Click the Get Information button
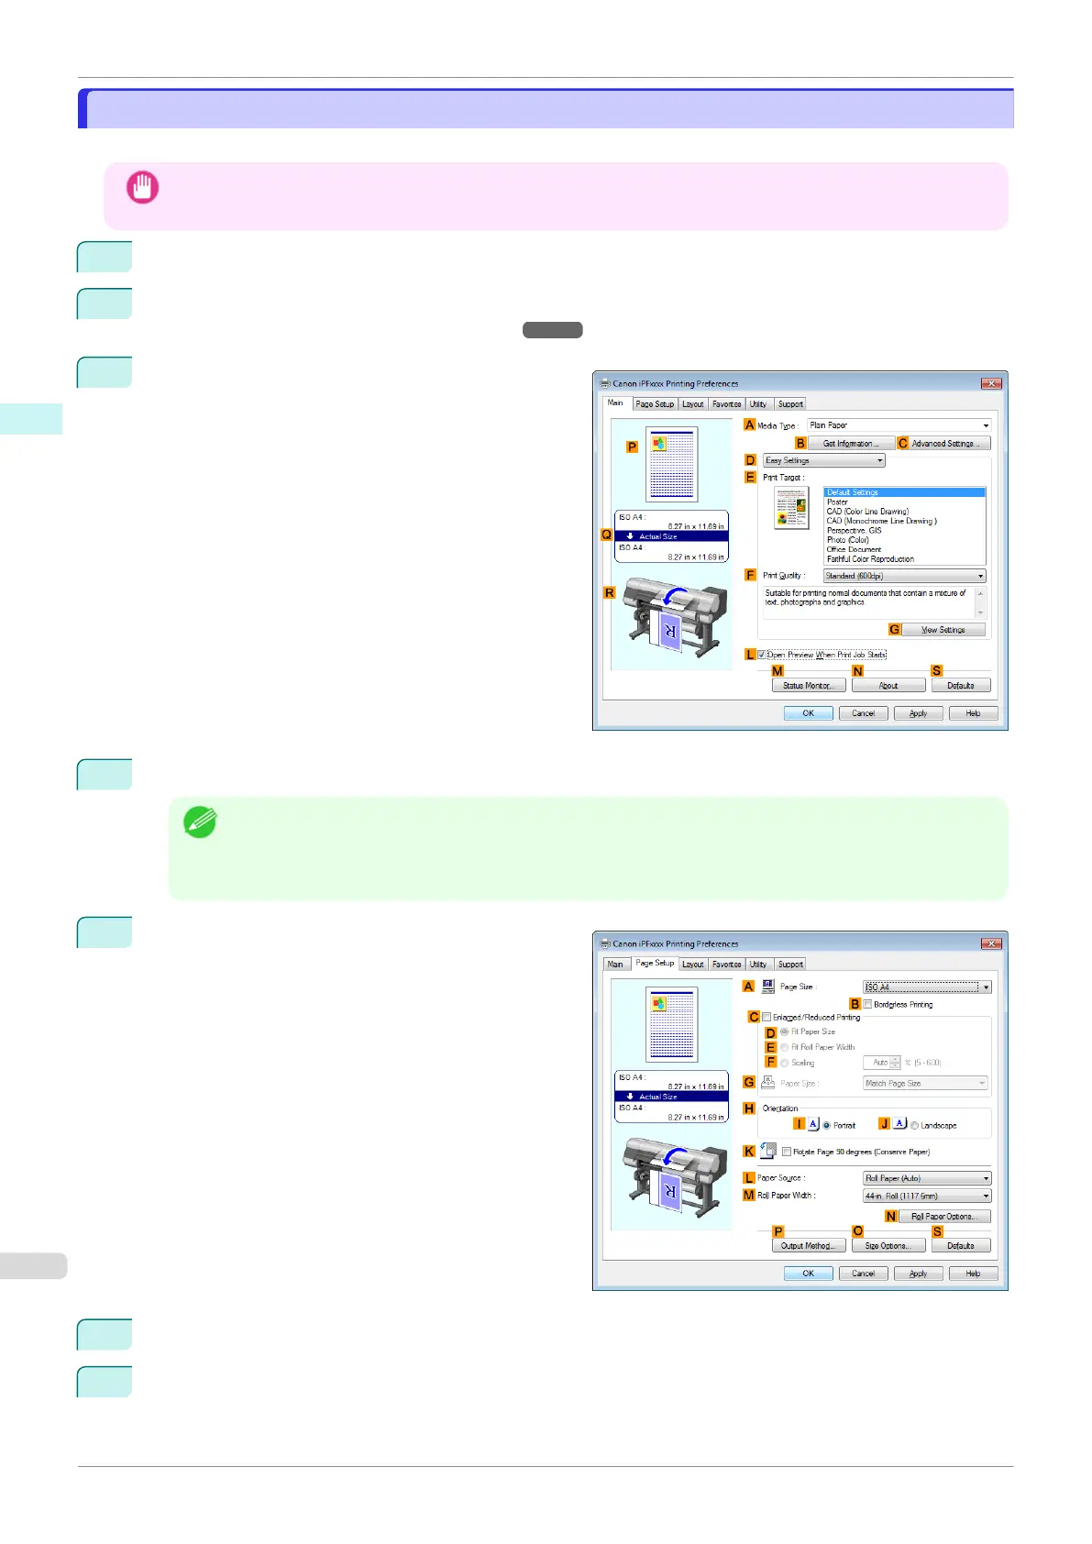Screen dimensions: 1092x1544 850,444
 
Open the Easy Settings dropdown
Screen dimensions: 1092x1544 824,460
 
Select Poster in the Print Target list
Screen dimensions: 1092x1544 837,502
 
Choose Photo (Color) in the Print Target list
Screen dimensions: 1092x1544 847,540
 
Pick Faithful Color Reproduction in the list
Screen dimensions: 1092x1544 870,559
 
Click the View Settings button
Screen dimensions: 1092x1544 943,630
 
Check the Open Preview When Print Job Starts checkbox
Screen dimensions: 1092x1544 762,655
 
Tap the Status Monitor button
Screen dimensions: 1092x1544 808,686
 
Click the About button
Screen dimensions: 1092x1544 888,686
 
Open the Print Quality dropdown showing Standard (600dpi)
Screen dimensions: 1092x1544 904,576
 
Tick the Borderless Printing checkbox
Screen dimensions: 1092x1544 867,1004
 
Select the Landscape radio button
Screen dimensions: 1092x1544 914,1125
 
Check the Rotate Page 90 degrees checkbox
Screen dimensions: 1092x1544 787,1152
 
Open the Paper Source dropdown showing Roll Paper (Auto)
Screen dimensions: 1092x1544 927,1178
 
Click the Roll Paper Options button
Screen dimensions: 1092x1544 944,1217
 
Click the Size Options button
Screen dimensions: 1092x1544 887,1246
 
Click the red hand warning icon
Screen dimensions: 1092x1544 142,188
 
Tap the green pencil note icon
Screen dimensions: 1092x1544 200,822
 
